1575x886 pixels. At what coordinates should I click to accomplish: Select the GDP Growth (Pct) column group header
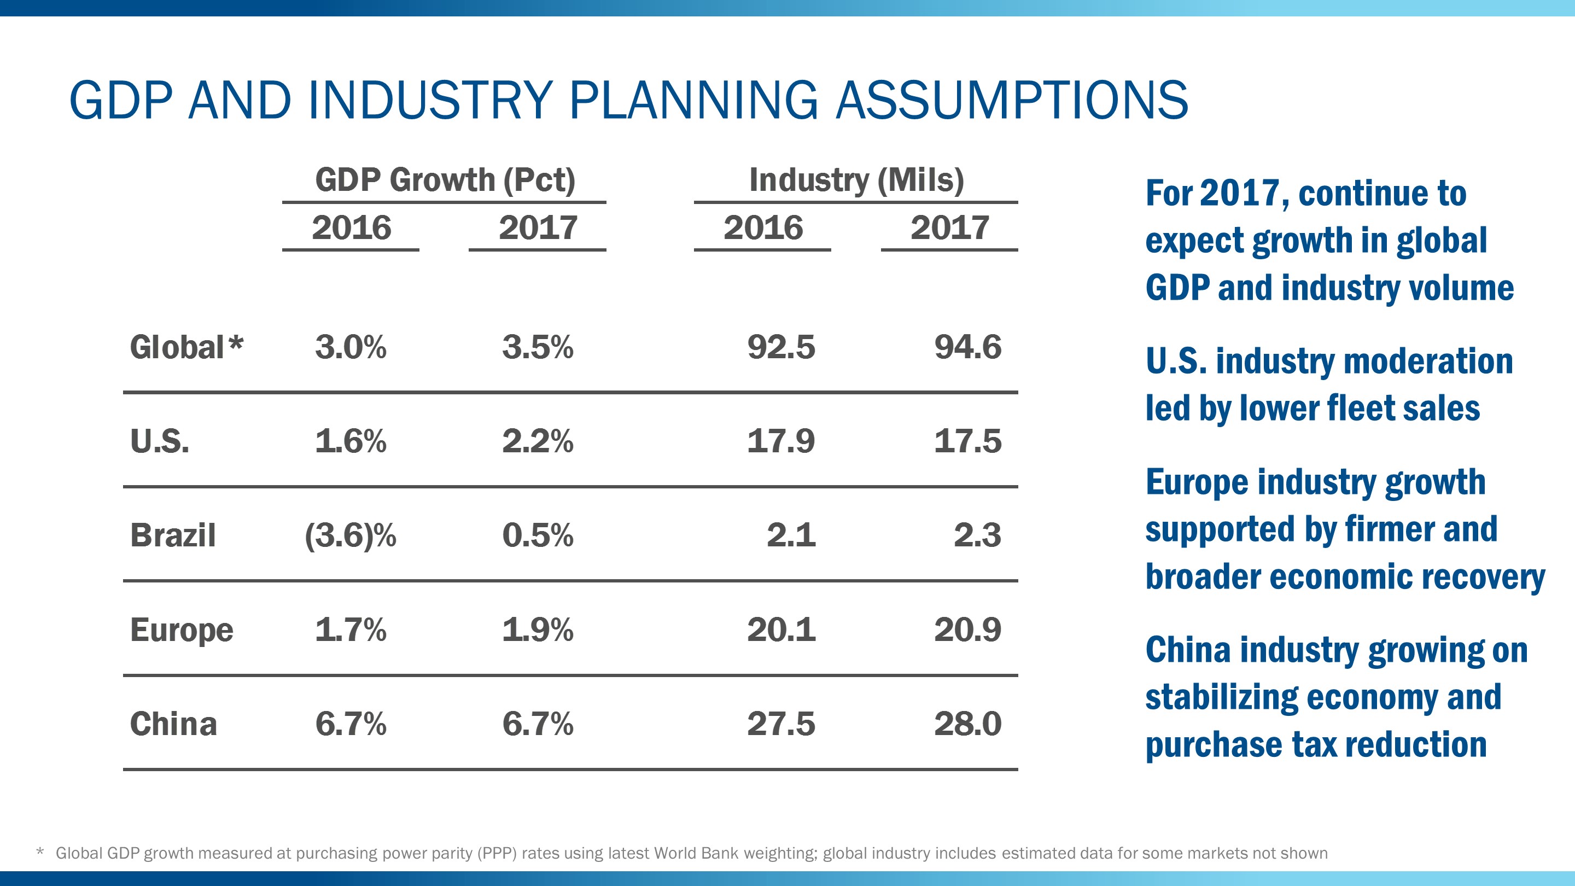[x=445, y=180]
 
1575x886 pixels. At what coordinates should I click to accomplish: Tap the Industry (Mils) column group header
[x=856, y=180]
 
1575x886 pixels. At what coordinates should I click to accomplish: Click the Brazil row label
[x=173, y=535]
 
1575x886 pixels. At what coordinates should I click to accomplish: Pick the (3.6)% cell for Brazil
[x=351, y=535]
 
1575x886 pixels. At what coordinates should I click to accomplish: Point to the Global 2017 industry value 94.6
[x=967, y=347]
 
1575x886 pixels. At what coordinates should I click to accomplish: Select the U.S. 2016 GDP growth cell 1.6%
[x=351, y=441]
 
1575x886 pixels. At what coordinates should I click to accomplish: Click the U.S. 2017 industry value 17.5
[x=967, y=441]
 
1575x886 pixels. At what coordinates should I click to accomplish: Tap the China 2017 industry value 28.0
[x=967, y=724]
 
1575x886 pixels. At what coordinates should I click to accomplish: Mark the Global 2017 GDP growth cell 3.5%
[x=538, y=347]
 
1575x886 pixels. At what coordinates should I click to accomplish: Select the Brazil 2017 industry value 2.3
[x=977, y=535]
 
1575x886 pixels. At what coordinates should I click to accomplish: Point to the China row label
[x=174, y=724]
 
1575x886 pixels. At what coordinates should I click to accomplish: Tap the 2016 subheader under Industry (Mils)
[x=762, y=228]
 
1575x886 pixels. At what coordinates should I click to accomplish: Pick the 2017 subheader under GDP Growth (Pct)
[x=538, y=228]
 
